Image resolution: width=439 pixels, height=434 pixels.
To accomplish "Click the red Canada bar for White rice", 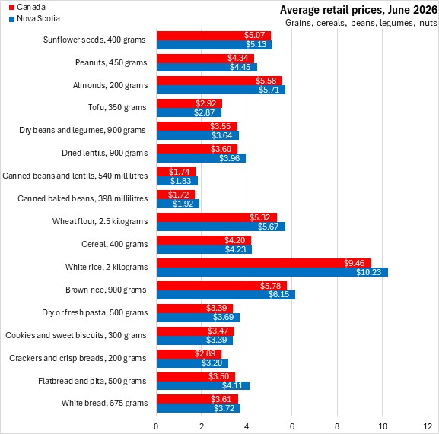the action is click(263, 263).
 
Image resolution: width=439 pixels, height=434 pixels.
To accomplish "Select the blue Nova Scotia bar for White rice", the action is click(272, 272).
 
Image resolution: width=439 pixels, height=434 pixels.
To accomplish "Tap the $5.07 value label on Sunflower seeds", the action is click(254, 35).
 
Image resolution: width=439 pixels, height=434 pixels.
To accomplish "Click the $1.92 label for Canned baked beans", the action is click(183, 204).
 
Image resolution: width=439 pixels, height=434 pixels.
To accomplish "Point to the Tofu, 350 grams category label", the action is click(117, 107).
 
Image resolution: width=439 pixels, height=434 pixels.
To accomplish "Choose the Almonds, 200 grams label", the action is click(110, 85).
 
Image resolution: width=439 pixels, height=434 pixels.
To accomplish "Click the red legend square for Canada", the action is click(11, 7).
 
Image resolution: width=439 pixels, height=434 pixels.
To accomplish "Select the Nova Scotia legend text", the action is click(38, 18).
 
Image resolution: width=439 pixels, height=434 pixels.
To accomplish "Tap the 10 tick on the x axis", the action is click(383, 426).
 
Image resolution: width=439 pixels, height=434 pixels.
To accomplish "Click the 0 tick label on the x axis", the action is click(156, 426).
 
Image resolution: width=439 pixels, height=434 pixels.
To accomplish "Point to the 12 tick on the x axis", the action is click(428, 426).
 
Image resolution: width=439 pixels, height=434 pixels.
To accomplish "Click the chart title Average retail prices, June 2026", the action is click(358, 10).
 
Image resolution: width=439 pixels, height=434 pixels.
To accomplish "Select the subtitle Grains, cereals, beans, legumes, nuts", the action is click(361, 23).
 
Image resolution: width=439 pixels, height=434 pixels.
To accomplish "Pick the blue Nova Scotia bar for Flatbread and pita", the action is click(203, 385).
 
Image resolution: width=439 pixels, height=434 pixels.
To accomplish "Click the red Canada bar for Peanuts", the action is click(205, 59).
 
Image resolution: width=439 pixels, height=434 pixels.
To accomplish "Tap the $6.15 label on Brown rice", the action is click(279, 294).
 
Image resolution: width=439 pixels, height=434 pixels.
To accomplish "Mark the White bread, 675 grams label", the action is click(105, 403).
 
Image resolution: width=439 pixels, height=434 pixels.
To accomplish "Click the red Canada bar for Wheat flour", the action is click(217, 217).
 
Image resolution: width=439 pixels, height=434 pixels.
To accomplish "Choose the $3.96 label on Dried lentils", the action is click(229, 158).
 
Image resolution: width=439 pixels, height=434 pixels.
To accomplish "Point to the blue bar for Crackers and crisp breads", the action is click(192, 363).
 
